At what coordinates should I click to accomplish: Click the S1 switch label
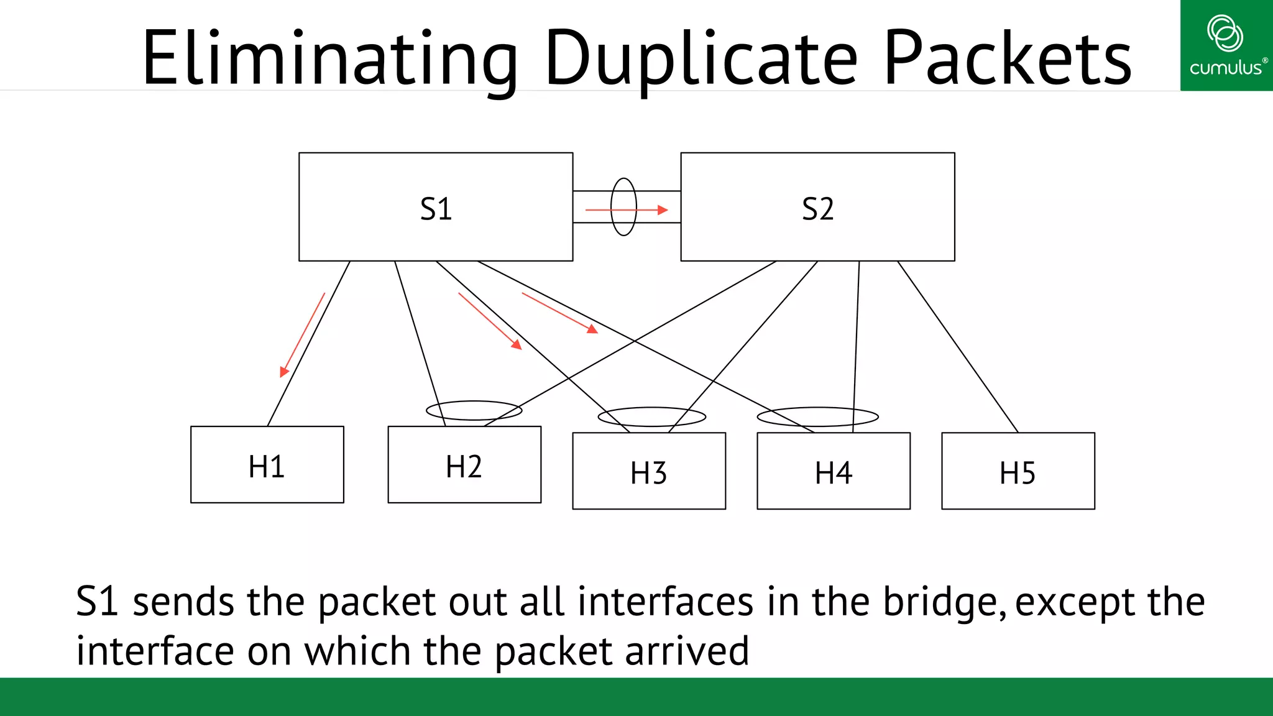(x=436, y=209)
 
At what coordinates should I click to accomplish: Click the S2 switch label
(x=817, y=209)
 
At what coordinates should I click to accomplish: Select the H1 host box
(x=267, y=465)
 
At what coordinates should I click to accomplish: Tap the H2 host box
(x=464, y=465)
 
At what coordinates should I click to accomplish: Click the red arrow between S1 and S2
(x=627, y=210)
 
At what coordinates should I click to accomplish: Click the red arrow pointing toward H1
(x=302, y=336)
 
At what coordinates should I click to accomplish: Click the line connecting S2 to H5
(x=957, y=346)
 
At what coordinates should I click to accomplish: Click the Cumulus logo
(x=1226, y=45)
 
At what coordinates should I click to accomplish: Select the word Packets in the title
(x=1007, y=59)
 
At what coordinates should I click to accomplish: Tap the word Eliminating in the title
(x=329, y=59)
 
